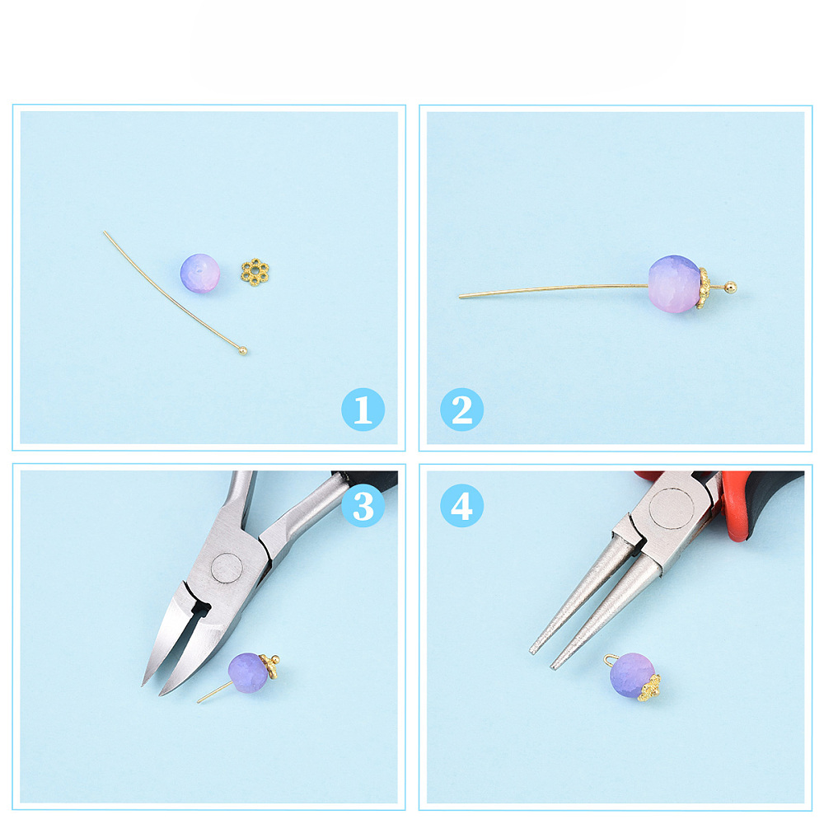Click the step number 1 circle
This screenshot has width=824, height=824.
tap(363, 410)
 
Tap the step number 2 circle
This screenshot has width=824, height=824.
tap(462, 410)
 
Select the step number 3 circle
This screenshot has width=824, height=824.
tap(363, 506)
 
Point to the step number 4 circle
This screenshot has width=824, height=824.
tap(462, 506)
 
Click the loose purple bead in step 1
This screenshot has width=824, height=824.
tap(199, 274)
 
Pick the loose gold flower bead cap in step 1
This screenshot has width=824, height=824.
tap(255, 272)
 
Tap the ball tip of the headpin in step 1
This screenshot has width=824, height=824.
tap(243, 350)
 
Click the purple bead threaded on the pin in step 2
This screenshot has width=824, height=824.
tap(674, 283)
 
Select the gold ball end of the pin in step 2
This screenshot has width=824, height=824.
tap(730, 287)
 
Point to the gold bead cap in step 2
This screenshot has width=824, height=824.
tap(703, 288)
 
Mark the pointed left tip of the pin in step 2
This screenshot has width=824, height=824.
tap(460, 297)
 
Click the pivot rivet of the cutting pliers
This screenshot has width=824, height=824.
tap(227, 569)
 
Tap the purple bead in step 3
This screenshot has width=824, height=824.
tap(249, 672)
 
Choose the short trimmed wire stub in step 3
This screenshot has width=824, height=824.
tap(214, 692)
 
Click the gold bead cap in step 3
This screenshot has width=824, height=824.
tap(271, 665)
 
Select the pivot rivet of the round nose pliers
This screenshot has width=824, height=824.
tap(672, 508)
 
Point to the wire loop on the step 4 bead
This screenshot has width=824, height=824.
tap(611, 659)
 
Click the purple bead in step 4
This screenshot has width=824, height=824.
tap(632, 676)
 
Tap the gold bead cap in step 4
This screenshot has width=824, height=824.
tap(649, 687)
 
